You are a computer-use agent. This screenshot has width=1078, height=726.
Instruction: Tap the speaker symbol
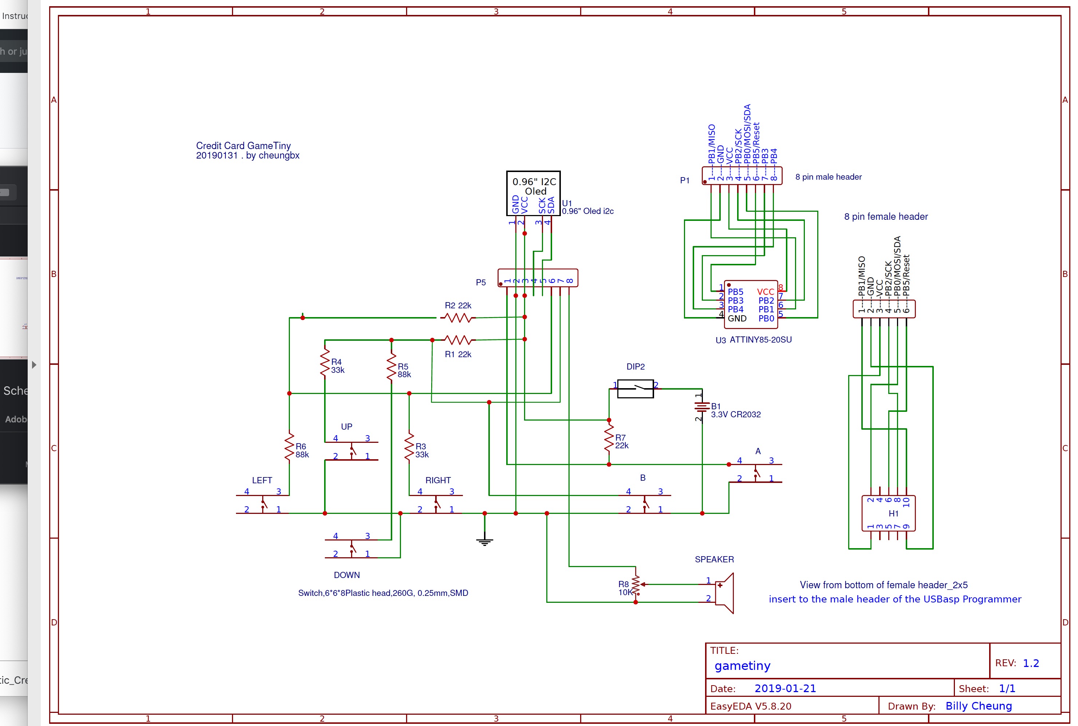pos(724,593)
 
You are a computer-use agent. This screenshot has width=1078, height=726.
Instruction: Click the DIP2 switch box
pos(635,389)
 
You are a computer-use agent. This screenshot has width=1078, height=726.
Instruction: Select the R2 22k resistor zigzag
pos(458,318)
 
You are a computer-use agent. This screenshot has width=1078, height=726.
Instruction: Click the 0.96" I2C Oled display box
pos(534,193)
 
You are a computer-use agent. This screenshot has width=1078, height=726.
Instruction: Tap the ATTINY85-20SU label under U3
pos(761,340)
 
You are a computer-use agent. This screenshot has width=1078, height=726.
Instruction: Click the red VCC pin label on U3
pos(765,292)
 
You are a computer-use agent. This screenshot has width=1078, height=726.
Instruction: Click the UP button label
pos(347,426)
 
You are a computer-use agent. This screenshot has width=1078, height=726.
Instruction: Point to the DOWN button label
pos(347,575)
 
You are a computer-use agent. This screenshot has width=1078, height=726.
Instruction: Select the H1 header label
pos(893,514)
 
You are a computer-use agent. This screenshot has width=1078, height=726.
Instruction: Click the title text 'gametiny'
pos(742,666)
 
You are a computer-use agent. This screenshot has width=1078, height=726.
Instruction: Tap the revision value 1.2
pos(1031,663)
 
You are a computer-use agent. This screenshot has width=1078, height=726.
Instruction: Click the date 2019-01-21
pos(785,688)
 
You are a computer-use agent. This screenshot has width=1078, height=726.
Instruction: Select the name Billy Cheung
pos(979,706)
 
